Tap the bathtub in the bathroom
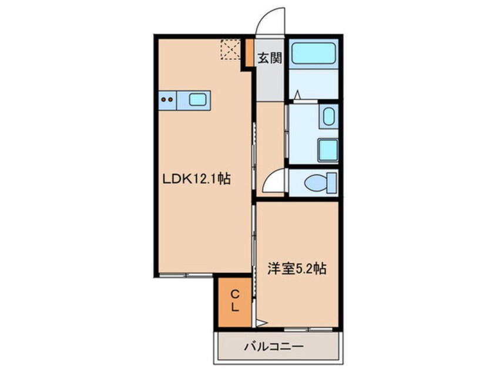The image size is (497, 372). pyautogui.click(x=314, y=53)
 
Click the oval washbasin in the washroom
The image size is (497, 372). pyautogui.click(x=328, y=117)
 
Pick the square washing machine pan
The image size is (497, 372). pyautogui.click(x=328, y=150)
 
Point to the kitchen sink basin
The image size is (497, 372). pyautogui.click(x=197, y=100)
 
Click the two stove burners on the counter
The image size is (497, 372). pyautogui.click(x=167, y=100)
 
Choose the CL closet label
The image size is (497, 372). pyautogui.click(x=234, y=300)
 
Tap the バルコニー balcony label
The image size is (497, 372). pyautogui.click(x=274, y=347)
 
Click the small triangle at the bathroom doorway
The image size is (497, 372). pyautogui.click(x=297, y=94)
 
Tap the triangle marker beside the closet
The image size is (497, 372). pyautogui.click(x=260, y=322)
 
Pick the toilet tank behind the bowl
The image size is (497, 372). pyautogui.click(x=333, y=183)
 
